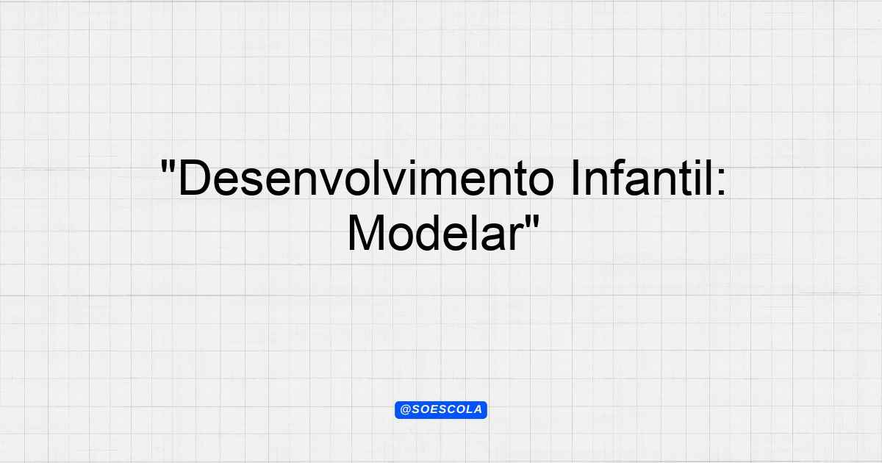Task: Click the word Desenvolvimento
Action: (x=366, y=178)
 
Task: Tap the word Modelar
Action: (x=435, y=233)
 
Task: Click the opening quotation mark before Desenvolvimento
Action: (x=168, y=167)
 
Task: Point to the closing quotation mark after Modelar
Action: (x=532, y=223)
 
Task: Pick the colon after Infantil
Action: (x=720, y=182)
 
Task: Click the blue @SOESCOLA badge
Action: (x=441, y=410)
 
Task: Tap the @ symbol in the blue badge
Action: (x=405, y=410)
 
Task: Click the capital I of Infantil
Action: (x=575, y=178)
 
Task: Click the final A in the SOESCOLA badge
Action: (x=478, y=410)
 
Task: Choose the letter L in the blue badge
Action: (x=467, y=410)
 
